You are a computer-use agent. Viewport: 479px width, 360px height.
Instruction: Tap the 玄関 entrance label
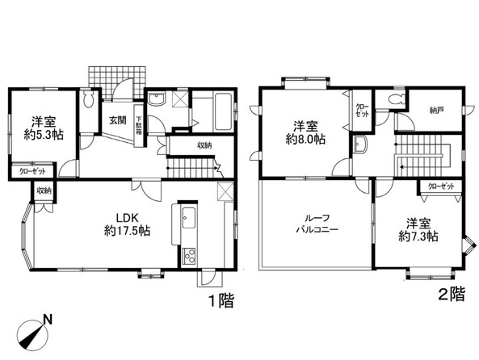(118, 120)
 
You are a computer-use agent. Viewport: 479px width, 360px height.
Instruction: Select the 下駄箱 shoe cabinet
(139, 125)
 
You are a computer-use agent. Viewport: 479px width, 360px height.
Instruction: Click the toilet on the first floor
(89, 99)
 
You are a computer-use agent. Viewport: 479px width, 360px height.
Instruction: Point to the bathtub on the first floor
(225, 111)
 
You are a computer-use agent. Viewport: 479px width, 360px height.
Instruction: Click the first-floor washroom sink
(157, 100)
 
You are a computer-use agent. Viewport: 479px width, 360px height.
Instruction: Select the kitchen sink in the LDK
(189, 217)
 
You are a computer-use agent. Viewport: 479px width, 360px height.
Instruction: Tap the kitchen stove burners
(189, 257)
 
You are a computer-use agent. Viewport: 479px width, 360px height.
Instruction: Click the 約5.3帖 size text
(44, 135)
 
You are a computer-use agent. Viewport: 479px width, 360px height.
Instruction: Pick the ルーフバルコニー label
(317, 224)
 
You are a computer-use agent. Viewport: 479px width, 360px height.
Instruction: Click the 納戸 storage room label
(436, 111)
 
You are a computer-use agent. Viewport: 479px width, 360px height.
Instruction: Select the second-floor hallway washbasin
(360, 144)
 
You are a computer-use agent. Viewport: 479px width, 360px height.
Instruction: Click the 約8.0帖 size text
(305, 139)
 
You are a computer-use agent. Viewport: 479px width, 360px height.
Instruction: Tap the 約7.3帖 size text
(418, 236)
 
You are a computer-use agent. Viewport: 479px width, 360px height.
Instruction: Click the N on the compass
(48, 320)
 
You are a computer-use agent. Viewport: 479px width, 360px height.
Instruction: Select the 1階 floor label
(221, 301)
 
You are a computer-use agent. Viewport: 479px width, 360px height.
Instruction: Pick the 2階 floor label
(452, 294)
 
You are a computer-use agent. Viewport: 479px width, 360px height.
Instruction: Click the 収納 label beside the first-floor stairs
(204, 145)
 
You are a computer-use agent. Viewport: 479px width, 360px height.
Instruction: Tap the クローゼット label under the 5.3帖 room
(32, 172)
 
